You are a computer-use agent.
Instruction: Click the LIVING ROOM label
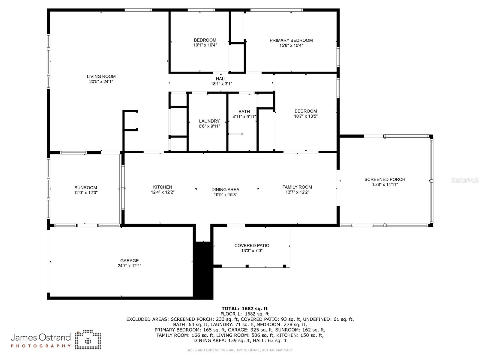(101, 76)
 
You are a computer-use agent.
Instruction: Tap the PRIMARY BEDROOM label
(291, 40)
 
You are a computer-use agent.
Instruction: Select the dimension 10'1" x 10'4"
(205, 45)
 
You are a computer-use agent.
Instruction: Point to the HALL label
(221, 79)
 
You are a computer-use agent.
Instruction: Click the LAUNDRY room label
(209, 121)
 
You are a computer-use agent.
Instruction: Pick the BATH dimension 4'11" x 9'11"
(244, 117)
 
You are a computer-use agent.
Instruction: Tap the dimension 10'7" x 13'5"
(305, 116)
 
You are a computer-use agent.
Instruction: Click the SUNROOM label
(85, 188)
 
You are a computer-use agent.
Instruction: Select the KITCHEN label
(163, 187)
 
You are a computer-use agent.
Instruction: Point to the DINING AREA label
(225, 190)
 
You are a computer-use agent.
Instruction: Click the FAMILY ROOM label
(297, 187)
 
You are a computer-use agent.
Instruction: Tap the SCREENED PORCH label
(385, 179)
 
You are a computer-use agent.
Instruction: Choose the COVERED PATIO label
(252, 245)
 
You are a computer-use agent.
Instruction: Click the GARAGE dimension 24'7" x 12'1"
(130, 266)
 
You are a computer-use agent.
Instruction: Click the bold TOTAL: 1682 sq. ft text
(244, 308)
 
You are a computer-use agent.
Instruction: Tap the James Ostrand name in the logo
(41, 337)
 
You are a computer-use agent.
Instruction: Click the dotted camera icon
(88, 340)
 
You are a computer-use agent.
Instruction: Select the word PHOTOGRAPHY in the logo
(41, 346)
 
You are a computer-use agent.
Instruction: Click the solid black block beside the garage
(203, 270)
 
